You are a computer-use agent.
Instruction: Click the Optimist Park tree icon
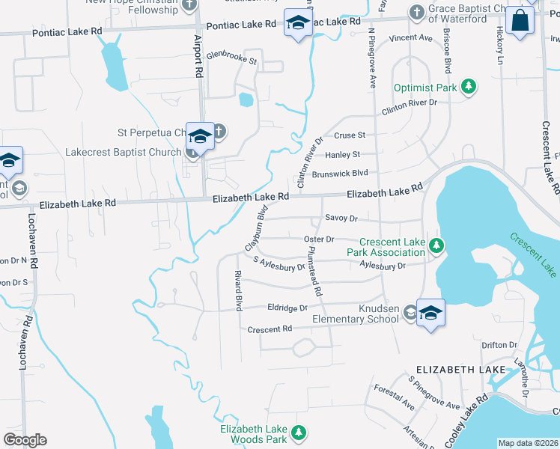[469, 88]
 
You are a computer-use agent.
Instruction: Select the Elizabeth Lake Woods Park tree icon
[299, 433]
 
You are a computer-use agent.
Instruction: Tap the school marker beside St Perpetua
[200, 136]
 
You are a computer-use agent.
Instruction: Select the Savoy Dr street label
[341, 218]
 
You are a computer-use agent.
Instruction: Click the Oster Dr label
[318, 239]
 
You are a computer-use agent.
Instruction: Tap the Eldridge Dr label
[287, 308]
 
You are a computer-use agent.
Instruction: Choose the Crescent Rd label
[270, 329]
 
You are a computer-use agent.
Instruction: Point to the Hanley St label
[343, 154]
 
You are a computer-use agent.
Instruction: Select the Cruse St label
[350, 135]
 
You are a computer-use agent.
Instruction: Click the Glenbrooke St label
[231, 57]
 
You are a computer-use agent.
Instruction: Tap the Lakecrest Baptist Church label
[124, 151]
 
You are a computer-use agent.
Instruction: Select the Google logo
[25, 440]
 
